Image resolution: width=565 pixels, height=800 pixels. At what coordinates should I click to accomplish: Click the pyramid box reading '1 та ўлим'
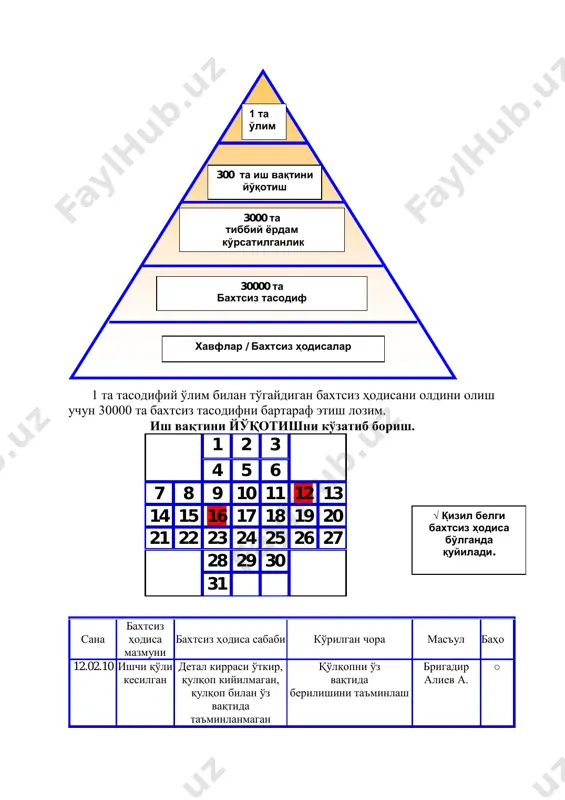point(264,121)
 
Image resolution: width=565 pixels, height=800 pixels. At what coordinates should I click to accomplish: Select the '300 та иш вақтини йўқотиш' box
point(264,182)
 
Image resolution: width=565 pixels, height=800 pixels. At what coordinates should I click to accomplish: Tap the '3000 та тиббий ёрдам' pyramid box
point(262,230)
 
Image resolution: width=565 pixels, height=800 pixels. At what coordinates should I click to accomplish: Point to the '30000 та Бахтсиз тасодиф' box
point(262,293)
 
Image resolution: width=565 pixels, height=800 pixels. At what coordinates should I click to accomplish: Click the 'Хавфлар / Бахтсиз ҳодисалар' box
point(273,348)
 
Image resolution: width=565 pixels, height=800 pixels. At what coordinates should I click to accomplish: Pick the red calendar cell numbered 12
point(304,493)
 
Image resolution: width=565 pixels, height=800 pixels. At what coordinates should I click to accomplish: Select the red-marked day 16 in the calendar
point(217,515)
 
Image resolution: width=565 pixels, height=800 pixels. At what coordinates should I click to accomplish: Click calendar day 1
point(217,445)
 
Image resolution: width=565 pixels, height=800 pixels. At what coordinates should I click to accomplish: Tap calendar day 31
point(217,583)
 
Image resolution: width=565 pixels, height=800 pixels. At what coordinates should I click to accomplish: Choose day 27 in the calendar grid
point(333,538)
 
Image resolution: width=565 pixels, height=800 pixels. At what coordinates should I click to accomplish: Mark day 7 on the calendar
point(159,493)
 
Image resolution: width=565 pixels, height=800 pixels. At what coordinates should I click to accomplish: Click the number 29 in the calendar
point(247,560)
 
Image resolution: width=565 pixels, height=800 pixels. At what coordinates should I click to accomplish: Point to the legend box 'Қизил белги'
point(469,540)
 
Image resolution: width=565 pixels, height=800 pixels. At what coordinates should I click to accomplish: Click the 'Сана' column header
point(93,639)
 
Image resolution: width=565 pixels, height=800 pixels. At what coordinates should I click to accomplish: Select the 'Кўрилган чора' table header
point(350,639)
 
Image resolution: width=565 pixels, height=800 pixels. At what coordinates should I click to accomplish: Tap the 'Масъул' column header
point(446,639)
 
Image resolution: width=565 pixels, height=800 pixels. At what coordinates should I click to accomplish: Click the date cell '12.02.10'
point(93,666)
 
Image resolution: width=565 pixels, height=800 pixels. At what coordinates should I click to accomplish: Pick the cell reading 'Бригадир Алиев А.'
point(446,673)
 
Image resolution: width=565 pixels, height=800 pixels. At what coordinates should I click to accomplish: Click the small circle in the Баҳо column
point(497,667)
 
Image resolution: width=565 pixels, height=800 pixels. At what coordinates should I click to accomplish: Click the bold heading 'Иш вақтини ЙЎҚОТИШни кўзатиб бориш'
point(282,426)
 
